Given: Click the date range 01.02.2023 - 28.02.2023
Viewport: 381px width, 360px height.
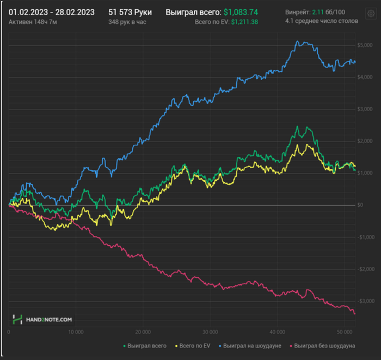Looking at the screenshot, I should (52, 11).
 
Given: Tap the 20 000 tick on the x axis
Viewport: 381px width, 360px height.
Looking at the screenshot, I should (143, 332).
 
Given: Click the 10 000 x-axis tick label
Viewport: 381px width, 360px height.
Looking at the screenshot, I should (76, 332).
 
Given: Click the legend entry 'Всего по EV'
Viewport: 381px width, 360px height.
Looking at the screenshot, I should (193, 345).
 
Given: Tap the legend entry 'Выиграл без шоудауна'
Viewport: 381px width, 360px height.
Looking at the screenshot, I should (324, 345).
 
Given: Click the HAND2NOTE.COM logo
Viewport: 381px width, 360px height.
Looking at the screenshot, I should (44, 319).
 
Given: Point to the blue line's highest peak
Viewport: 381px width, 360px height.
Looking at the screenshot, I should (297, 41).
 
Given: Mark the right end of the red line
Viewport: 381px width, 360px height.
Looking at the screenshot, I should (355, 314).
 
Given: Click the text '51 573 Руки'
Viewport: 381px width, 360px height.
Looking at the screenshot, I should (130, 11).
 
